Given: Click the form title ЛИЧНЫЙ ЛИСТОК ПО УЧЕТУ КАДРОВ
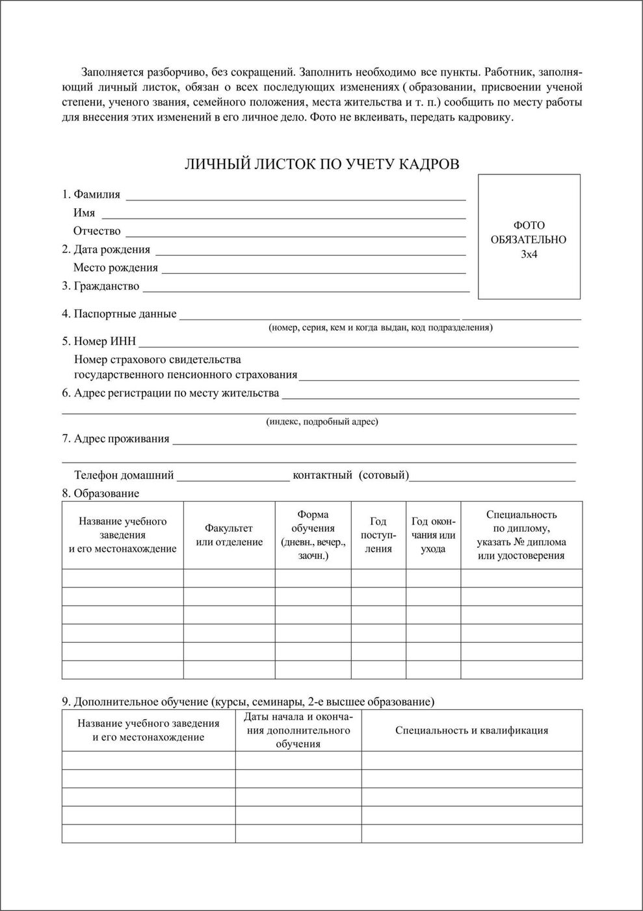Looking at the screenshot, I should [322, 164].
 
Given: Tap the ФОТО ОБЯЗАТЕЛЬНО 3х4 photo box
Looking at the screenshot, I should [529, 237].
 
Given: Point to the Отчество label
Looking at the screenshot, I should [97, 231].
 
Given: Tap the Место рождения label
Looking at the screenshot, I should [115, 267].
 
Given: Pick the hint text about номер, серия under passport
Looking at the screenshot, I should [380, 327].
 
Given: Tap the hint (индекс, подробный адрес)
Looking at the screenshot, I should [322, 422].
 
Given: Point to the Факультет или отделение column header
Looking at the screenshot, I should [229, 535].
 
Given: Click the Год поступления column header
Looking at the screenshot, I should [378, 535].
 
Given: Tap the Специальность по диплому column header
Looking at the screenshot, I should [521, 535].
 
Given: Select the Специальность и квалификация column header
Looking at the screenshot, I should [471, 730].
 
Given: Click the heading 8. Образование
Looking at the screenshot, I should [100, 493].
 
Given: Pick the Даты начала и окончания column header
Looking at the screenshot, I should [298, 730].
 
